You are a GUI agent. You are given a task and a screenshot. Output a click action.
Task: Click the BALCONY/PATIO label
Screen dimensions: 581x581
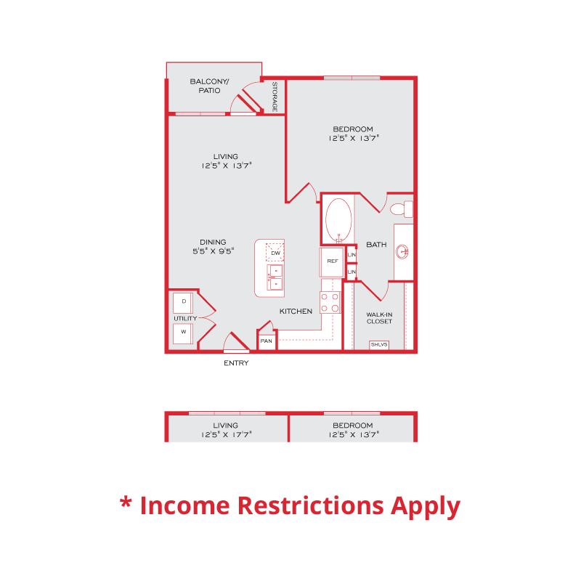209,86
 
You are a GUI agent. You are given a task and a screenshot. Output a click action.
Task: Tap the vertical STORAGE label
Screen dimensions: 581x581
275,97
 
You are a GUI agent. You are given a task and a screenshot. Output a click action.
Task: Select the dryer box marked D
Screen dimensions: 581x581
183,303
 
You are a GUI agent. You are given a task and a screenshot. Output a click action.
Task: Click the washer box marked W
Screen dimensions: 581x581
183,333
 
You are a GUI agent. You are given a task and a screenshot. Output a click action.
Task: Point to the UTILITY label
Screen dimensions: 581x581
185,318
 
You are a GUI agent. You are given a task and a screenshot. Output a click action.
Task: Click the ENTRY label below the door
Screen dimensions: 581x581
236,363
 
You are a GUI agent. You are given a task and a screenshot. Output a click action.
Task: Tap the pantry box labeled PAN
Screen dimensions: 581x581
267,341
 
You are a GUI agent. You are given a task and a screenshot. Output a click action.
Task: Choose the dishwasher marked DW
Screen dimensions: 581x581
275,252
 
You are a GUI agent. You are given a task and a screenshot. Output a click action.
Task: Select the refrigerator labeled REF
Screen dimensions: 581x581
332,262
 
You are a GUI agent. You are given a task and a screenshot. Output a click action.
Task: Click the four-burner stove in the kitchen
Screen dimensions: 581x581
330,302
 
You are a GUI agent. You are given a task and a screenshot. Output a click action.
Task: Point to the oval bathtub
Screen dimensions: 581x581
338,220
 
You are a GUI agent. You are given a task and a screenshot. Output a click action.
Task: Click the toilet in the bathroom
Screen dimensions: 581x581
402,209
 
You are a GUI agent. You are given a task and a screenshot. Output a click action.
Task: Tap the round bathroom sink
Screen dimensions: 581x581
402,252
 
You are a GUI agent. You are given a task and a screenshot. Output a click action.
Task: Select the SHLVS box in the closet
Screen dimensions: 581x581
379,344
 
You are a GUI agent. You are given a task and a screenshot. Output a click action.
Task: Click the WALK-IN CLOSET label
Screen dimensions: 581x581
379,318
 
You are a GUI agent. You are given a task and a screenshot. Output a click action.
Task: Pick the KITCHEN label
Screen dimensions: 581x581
296,312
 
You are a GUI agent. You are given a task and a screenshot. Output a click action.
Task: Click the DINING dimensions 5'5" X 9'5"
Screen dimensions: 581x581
213,251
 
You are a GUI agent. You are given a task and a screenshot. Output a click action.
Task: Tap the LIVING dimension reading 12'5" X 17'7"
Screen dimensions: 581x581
227,434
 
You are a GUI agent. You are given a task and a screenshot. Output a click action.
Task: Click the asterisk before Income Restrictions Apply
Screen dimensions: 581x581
126,503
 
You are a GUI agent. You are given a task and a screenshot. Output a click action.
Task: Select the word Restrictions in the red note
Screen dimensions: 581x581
311,505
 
